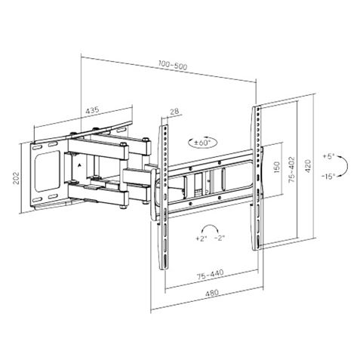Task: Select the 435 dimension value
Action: (x=94, y=112)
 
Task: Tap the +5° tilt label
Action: (x=328, y=155)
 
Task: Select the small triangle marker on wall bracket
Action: (x=77, y=161)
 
